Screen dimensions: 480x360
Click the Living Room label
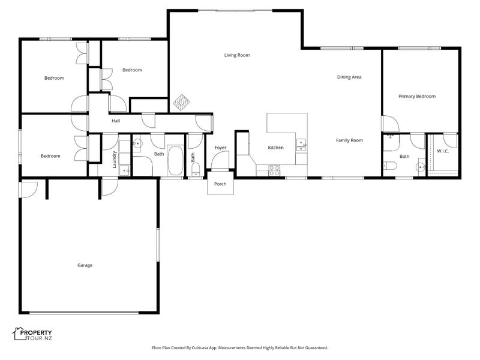click(237, 55)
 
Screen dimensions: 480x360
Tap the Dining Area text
click(349, 77)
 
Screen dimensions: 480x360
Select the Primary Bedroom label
click(417, 97)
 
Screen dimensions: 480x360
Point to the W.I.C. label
click(443, 151)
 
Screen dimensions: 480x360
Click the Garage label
click(85, 265)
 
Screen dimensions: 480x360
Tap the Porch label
click(220, 184)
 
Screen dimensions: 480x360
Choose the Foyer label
click(220, 148)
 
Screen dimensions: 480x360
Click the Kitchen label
click(275, 148)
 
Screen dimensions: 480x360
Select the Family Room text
click(349, 140)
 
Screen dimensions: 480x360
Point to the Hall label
click(116, 121)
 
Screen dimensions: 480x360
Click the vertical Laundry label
click(115, 160)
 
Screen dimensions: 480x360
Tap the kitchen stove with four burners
click(274, 170)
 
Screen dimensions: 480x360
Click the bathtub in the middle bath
click(175, 161)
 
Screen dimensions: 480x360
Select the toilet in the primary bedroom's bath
click(391, 166)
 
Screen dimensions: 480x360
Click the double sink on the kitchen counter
click(301, 145)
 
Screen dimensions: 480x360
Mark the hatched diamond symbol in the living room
click(181, 103)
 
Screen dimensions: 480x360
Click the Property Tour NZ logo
click(32, 334)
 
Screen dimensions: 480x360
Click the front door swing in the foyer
click(220, 160)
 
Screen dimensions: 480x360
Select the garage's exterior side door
click(28, 190)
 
